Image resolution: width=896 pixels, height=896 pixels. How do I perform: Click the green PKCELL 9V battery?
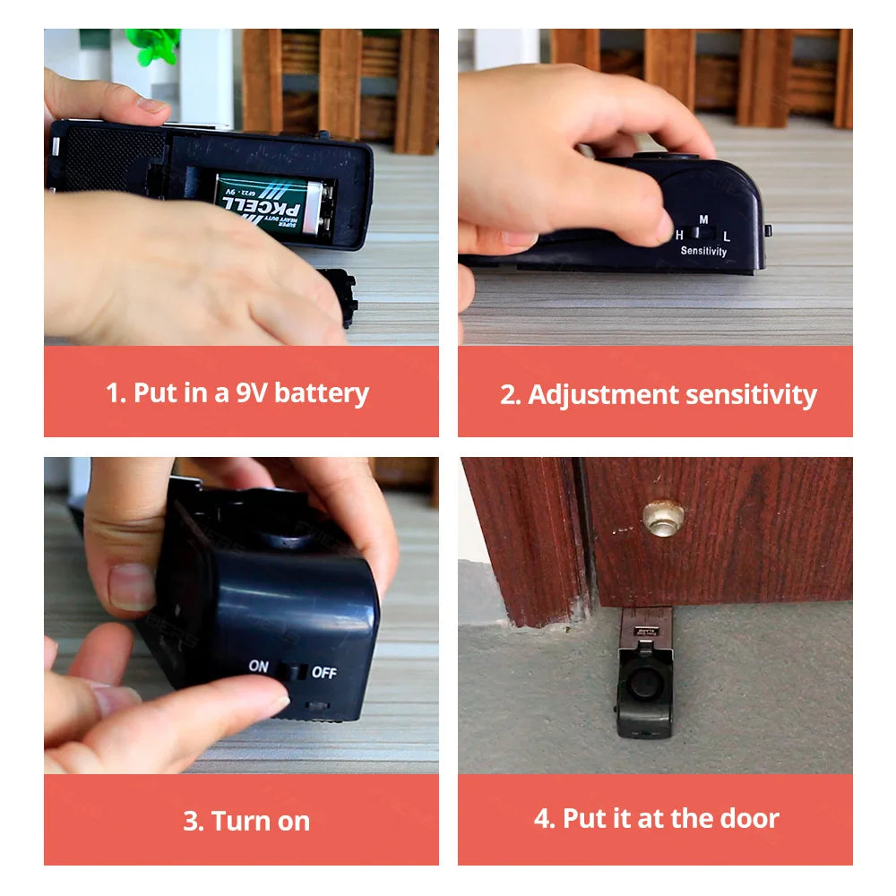coord(269,204)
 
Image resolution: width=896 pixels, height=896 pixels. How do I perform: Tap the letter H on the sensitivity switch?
coord(679,236)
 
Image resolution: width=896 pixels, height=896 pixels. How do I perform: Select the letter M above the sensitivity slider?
coord(703,220)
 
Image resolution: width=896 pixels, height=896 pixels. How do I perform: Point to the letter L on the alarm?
coord(727,236)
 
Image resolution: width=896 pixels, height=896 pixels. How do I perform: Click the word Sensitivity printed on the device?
coord(703,252)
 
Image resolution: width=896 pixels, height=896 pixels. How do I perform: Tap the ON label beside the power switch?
coord(259,666)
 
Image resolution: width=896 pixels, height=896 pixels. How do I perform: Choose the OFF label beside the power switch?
coord(324,672)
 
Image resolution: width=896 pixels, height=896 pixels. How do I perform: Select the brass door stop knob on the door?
coord(663,518)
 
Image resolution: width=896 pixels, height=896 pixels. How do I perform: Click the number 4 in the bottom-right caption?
coord(541,819)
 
